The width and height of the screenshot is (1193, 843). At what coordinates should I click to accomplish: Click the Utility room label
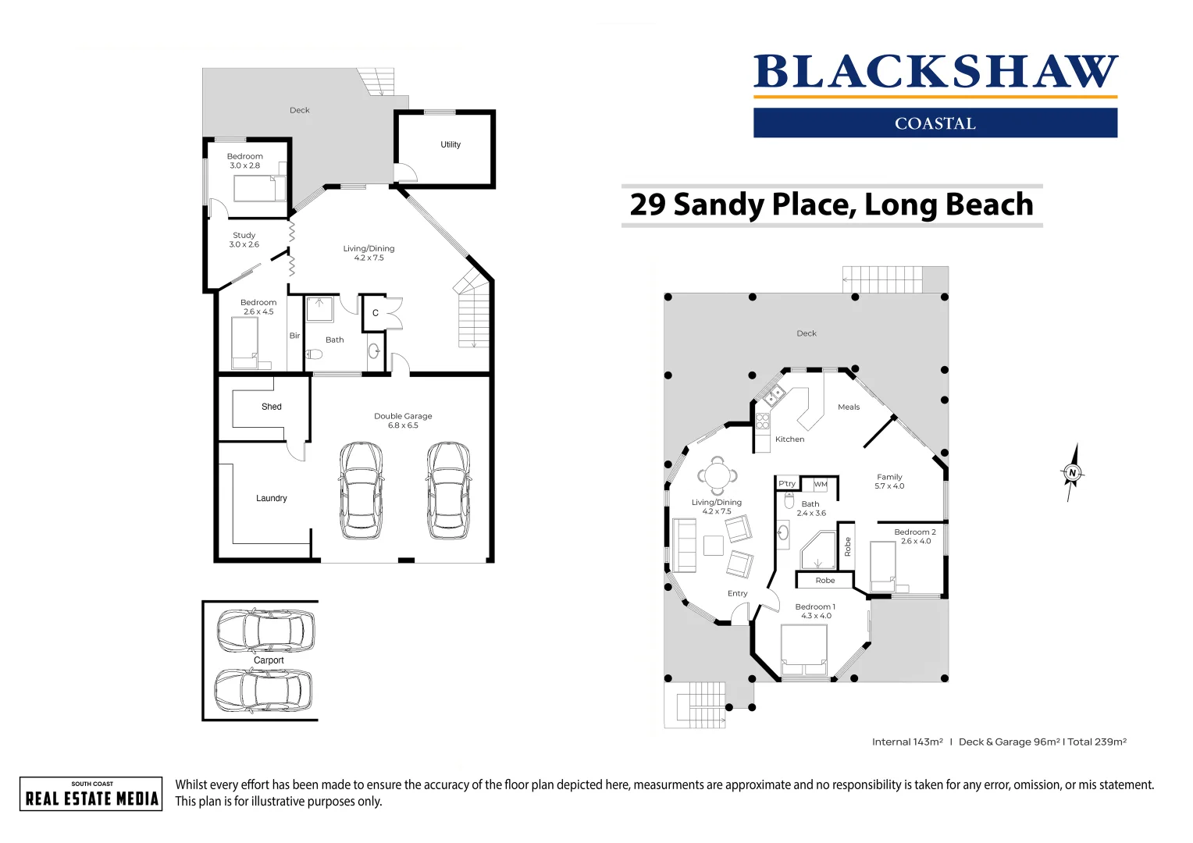pos(450,144)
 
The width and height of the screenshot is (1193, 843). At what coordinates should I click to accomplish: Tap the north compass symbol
pos(1072,472)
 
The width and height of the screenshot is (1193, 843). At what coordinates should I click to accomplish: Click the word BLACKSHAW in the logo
pos(935,72)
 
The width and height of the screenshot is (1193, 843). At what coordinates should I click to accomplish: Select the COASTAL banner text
pos(935,123)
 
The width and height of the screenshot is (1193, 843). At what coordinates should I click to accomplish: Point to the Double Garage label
pos(403,420)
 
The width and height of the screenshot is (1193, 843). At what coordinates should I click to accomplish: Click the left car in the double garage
pos(361,490)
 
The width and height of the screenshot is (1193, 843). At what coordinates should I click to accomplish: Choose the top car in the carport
pos(265,631)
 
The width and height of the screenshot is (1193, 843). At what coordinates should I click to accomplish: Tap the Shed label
pos(271,407)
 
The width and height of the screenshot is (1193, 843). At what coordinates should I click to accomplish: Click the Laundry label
pos(271,498)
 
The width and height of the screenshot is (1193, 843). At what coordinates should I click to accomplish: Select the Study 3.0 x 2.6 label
pos(244,240)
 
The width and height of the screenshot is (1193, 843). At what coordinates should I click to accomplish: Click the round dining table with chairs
pos(716,474)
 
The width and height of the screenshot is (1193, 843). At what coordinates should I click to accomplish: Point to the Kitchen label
pos(789,439)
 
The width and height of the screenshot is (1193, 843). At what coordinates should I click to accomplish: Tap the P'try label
pos(786,484)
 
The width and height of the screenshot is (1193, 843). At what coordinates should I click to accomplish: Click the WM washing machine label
pos(821,485)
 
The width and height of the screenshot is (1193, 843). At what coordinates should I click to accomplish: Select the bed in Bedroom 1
pos(804,651)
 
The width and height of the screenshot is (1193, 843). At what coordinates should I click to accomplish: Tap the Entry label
pos(737,593)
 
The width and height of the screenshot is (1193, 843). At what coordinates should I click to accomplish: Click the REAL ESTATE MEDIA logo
pos(91,794)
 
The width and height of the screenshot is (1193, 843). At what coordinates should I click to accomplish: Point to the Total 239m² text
pos(1096,742)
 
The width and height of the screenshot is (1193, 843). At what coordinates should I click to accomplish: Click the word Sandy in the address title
pos(718,205)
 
